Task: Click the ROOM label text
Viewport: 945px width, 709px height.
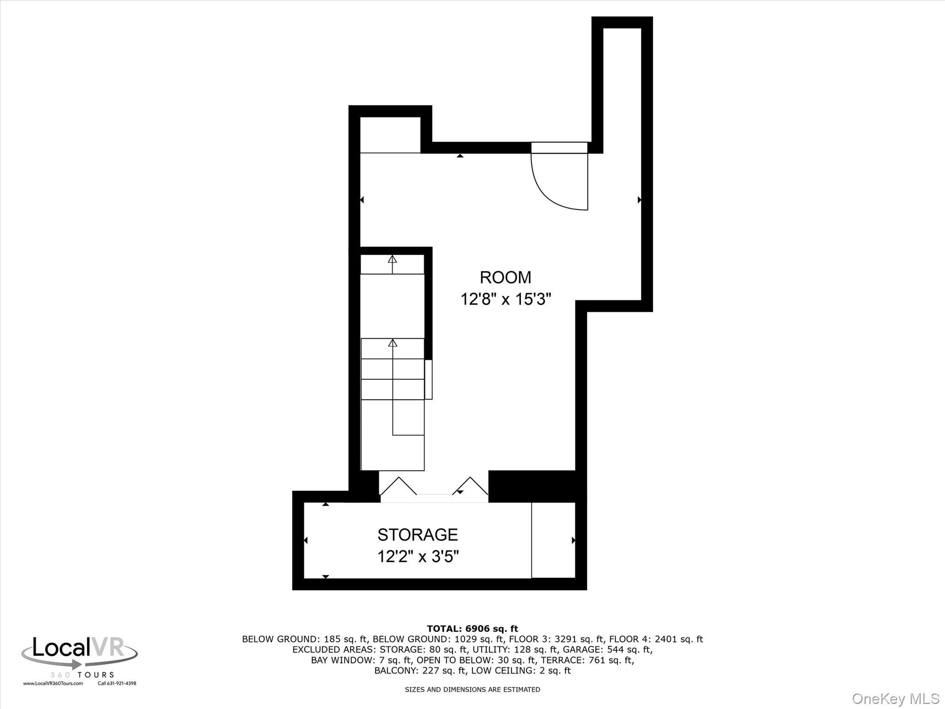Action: pos(505,277)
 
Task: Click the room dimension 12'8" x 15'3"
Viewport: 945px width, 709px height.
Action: pos(506,300)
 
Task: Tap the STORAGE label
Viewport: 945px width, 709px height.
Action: pos(418,535)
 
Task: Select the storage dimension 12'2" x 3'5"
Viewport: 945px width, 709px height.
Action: pos(418,557)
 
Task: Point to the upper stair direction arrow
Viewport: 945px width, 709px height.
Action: pos(392,259)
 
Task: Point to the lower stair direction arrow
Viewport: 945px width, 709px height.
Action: pos(393,343)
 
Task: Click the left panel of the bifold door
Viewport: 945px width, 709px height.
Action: pos(398,487)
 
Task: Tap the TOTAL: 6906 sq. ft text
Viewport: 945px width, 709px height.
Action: pos(472,629)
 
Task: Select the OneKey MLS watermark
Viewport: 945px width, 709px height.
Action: pos(895,698)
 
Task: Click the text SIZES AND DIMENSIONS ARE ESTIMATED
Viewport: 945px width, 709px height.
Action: pos(472,690)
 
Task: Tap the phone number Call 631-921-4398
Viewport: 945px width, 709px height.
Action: pos(117,684)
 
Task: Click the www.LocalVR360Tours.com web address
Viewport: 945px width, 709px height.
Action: pos(53,684)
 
